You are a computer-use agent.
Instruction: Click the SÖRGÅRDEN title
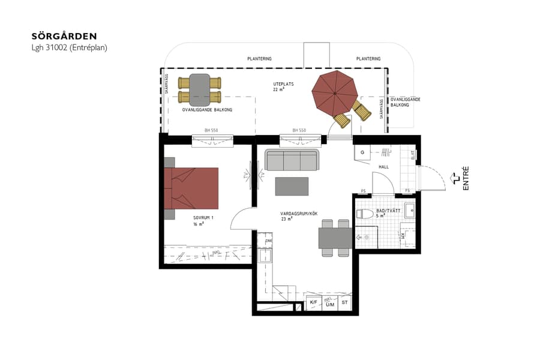pos(64,37)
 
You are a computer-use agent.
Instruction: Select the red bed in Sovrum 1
pos(191,188)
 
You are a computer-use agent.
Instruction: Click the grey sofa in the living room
pos(292,161)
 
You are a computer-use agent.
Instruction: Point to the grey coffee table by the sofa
pos(292,187)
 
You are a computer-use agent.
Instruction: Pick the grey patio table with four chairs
pos(200,89)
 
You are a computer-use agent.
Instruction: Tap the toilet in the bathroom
pos(365,214)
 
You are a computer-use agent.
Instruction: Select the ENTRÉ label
pos(466,179)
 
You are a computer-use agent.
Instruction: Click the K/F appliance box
pos(313,303)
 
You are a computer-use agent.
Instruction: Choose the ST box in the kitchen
pos(344,303)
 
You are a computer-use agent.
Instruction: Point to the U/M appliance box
pos(329,304)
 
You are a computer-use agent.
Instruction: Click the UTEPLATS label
pos(283,85)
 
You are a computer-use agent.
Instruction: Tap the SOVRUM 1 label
pos(203,217)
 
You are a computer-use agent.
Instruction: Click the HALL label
pos(384,167)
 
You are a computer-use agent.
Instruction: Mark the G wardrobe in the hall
pos(362,153)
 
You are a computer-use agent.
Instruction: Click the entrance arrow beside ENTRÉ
pos(455,178)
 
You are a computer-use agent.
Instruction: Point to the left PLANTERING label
pos(259,59)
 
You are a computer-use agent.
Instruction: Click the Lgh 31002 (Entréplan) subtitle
pos(69,47)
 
